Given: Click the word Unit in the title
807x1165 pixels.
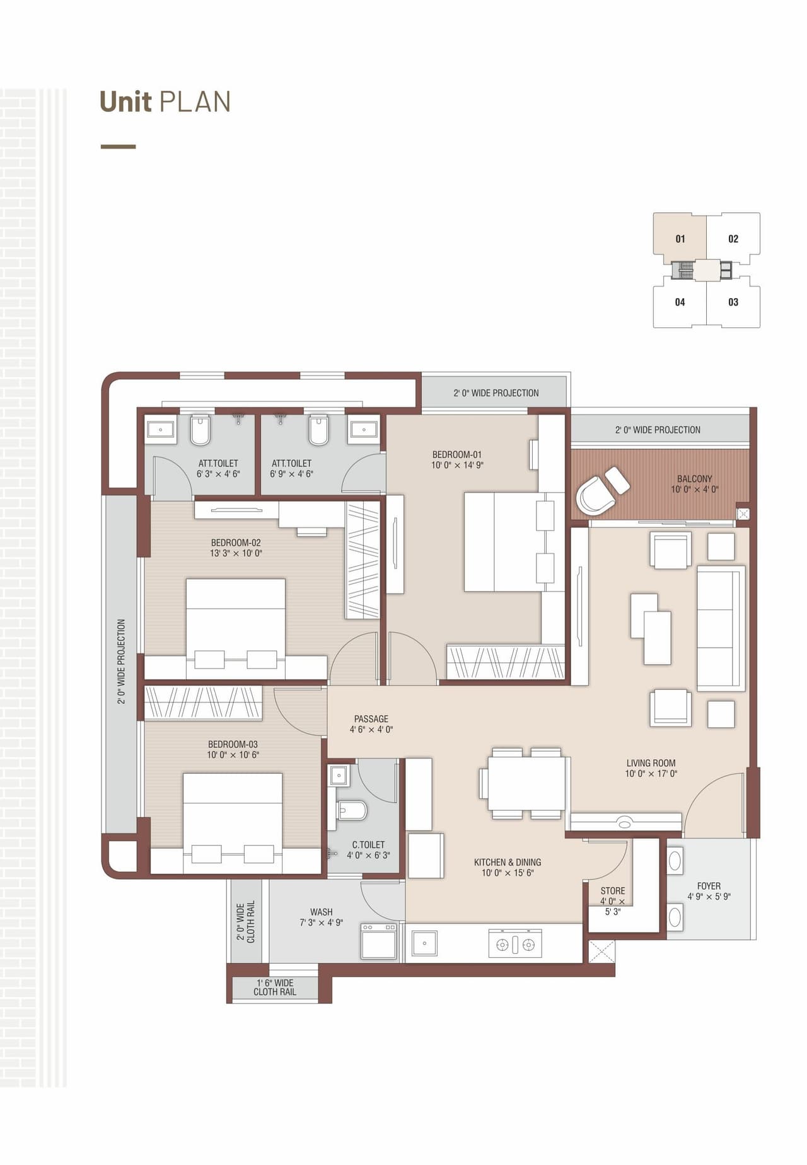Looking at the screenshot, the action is click(x=125, y=102).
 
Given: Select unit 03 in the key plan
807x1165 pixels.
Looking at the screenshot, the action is click(x=733, y=302).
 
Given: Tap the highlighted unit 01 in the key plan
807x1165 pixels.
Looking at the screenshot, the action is click(x=680, y=239).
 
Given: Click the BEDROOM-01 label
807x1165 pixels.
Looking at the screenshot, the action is click(x=456, y=454).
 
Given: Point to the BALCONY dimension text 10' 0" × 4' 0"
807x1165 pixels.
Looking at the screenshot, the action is click(x=694, y=490).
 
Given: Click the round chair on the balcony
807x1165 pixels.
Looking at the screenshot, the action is click(x=595, y=496).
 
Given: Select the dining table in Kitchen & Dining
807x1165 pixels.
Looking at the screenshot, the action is click(x=526, y=783).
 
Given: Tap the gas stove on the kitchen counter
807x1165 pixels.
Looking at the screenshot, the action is click(x=515, y=944).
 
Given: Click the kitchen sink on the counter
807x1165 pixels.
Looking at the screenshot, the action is click(x=424, y=943).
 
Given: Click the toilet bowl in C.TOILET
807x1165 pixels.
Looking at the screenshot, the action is click(x=352, y=810).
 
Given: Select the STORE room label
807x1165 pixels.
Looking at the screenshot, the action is click(x=612, y=891).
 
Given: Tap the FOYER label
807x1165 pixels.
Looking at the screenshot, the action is click(x=709, y=886).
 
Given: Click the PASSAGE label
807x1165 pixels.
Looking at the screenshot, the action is click(x=371, y=719).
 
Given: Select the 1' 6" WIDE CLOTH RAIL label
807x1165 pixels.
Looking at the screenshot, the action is click(x=275, y=987).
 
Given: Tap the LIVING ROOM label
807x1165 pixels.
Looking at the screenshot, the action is click(x=651, y=763).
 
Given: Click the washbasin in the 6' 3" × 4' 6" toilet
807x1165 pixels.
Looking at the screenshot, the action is click(x=161, y=430).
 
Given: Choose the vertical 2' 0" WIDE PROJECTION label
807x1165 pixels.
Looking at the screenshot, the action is click(x=121, y=661).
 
